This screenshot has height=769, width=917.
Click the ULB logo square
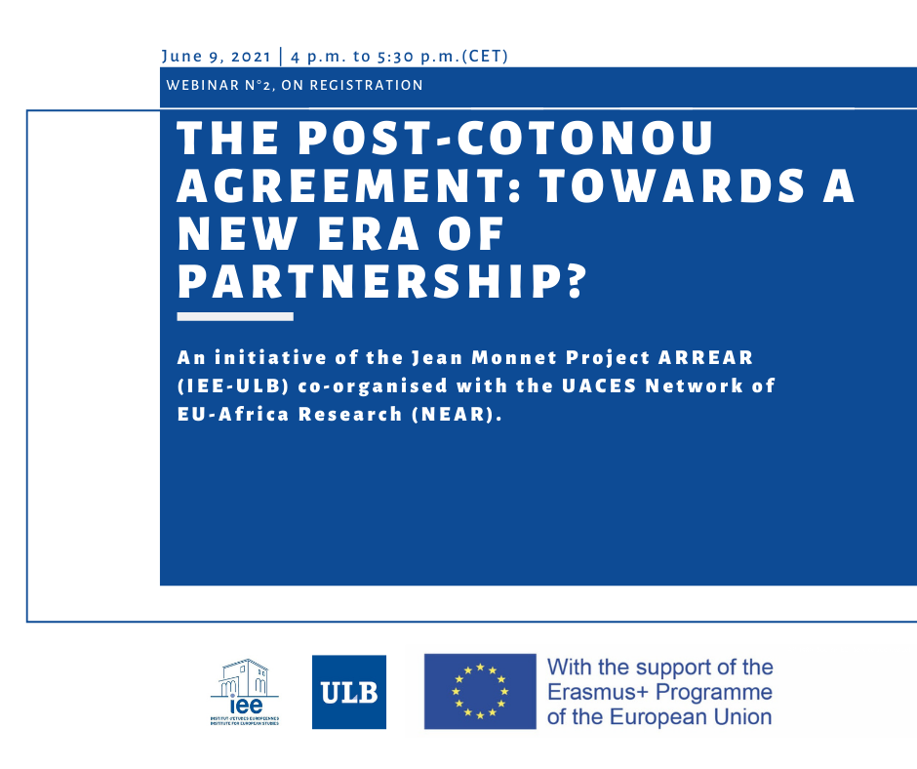(349, 692)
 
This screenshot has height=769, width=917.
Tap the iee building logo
(245, 692)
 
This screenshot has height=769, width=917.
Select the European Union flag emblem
(480, 691)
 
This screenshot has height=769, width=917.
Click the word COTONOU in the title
(584, 139)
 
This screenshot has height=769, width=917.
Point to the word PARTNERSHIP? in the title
(381, 282)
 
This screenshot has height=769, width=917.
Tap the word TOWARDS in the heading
(672, 186)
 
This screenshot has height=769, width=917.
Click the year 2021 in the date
(251, 57)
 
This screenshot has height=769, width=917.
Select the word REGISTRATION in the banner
(366, 86)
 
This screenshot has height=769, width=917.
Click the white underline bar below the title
(235, 316)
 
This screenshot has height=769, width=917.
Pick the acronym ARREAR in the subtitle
(705, 357)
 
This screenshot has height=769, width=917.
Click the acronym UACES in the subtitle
(599, 386)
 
